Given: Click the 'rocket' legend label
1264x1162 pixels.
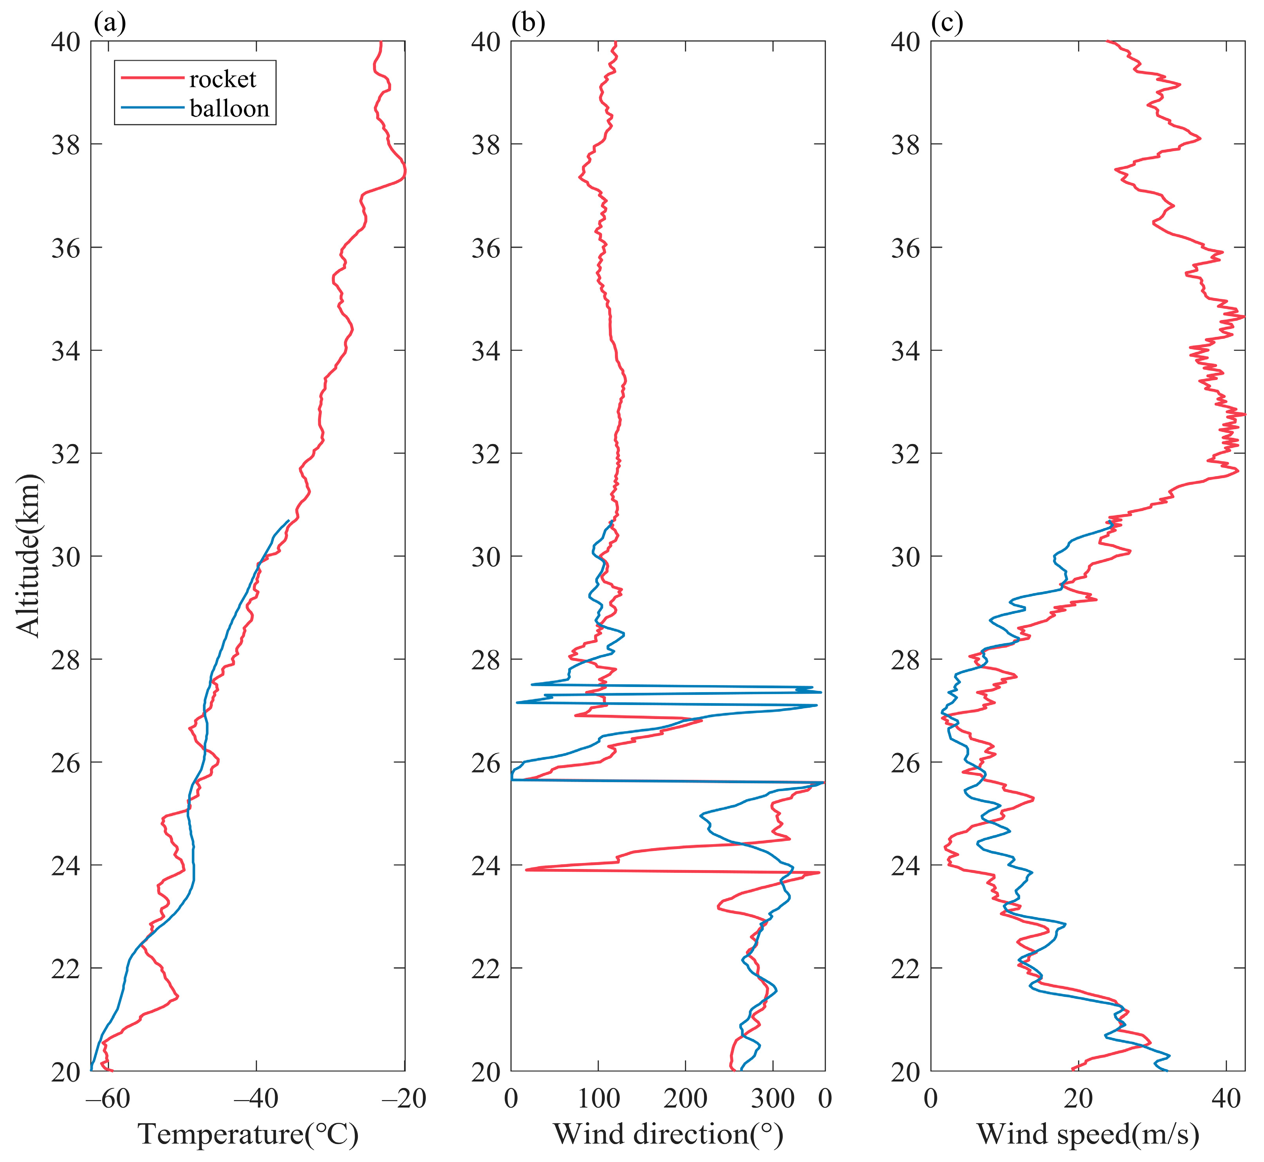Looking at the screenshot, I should pyautogui.click(x=223, y=79).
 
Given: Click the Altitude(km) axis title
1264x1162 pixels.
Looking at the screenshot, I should pyautogui.click(x=28, y=556).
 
